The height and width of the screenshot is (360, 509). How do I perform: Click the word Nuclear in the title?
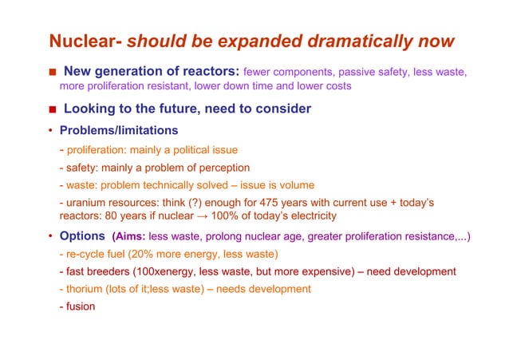[x=82, y=41]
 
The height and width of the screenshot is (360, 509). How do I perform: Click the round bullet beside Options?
[x=50, y=236]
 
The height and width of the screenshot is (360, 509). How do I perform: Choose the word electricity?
[x=310, y=216]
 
